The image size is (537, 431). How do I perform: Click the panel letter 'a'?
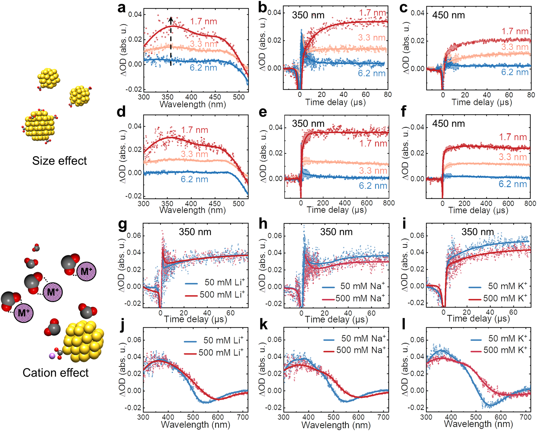(122, 8)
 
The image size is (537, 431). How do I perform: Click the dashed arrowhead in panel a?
(171, 19)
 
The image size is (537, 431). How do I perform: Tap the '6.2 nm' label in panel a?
(203, 68)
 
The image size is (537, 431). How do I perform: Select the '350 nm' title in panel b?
(308, 15)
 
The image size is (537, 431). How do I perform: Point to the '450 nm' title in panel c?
(448, 15)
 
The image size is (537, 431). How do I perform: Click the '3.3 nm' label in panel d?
(194, 154)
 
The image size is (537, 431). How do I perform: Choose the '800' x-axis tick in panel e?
(389, 203)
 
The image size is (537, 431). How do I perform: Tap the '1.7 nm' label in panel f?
(513, 137)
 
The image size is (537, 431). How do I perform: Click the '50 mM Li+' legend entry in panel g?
(215, 282)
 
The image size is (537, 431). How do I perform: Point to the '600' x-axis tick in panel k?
(358, 417)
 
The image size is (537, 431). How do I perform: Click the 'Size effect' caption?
(59, 161)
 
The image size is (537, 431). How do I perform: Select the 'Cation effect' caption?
(55, 373)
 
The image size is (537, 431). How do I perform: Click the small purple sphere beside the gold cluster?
(52, 356)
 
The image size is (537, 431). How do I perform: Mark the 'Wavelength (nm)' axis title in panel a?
(193, 104)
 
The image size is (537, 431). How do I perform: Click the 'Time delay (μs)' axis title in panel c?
(482, 102)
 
